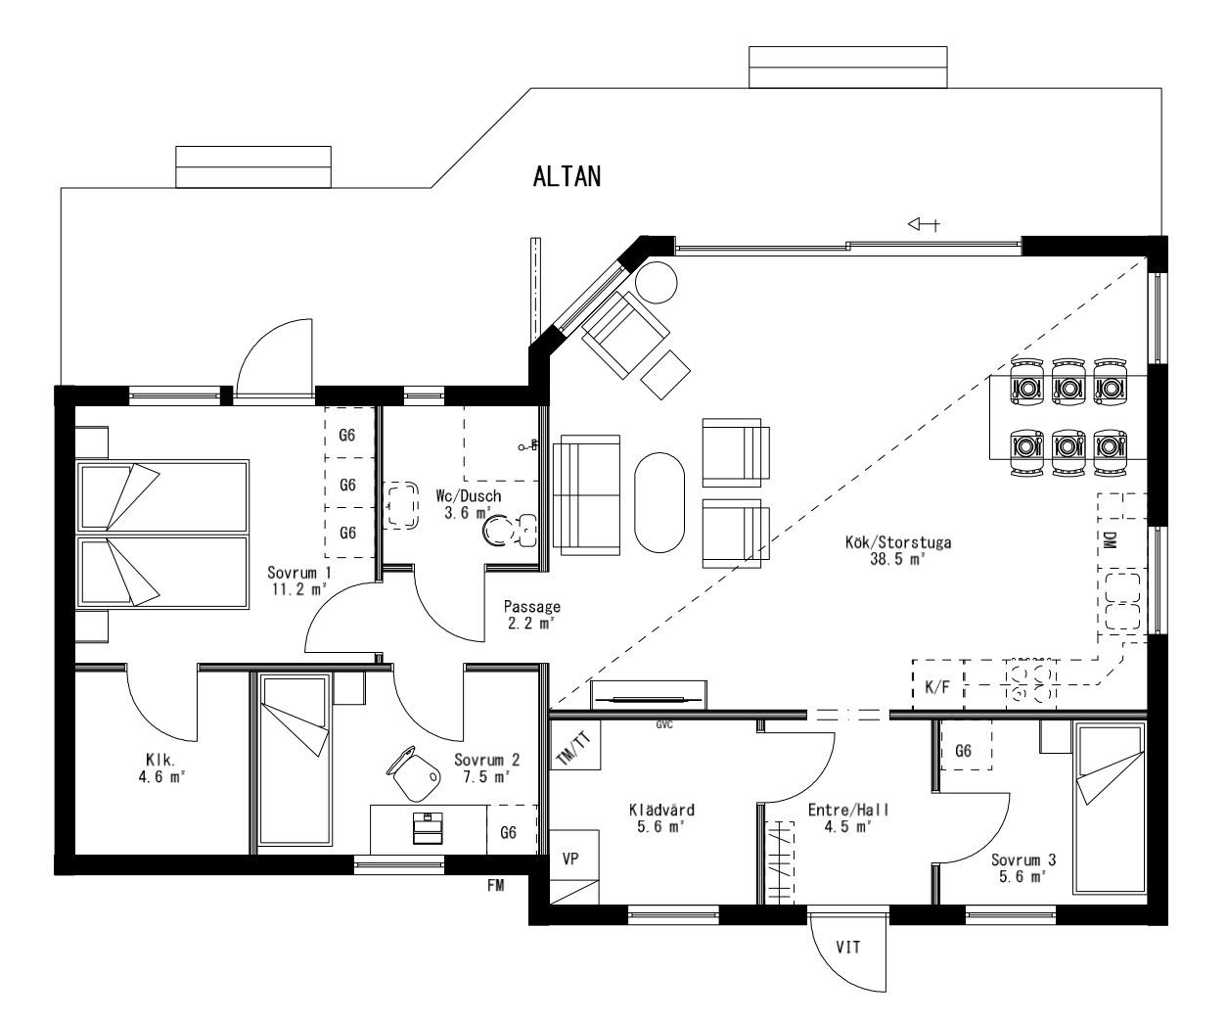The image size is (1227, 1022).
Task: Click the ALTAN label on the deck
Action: tap(567, 176)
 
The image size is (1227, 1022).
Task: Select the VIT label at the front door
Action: tap(847, 947)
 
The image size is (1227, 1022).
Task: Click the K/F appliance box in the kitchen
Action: tap(936, 687)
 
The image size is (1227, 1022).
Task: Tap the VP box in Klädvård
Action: tap(571, 859)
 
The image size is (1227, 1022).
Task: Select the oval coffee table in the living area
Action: tap(660, 500)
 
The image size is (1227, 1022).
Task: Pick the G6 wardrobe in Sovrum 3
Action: tap(963, 751)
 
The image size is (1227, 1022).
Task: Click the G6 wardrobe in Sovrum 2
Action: tap(509, 832)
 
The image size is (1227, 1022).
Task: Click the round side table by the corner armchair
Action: tap(656, 283)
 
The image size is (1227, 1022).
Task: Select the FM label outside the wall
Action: tap(496, 885)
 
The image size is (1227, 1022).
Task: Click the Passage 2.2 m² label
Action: tap(532, 614)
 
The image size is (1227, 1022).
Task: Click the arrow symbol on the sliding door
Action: tap(924, 225)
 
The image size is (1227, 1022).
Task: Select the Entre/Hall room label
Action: tap(847, 817)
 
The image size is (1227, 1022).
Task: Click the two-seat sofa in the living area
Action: tap(587, 493)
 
